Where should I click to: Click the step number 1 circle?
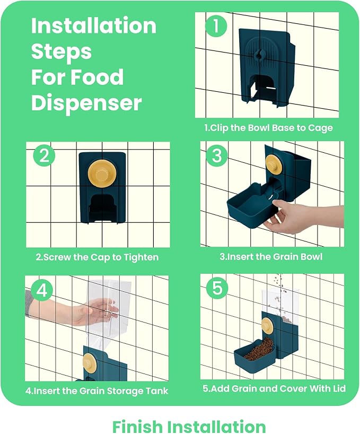pyautogui.click(x=216, y=26)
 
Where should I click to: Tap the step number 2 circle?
pyautogui.click(x=44, y=155)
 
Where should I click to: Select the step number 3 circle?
pyautogui.click(x=217, y=155)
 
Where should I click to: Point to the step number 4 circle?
pyautogui.click(x=42, y=290)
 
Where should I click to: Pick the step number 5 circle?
pyautogui.click(x=217, y=288)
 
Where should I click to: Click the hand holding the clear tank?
pyautogui.click(x=72, y=309)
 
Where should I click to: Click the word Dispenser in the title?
pyautogui.click(x=86, y=103)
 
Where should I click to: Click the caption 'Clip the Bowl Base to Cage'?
pyautogui.click(x=268, y=128)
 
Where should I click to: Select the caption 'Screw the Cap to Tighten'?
pyautogui.click(x=97, y=257)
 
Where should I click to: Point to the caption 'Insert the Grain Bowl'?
pyautogui.click(x=271, y=257)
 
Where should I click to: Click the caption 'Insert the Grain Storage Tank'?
pyautogui.click(x=97, y=391)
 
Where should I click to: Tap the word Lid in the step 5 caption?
pyautogui.click(x=339, y=388)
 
